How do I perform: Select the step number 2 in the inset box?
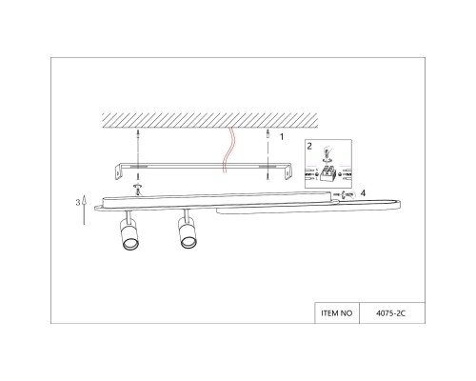309,147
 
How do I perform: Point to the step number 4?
364,193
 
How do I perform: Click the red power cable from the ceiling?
226,152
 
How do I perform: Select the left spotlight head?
127,238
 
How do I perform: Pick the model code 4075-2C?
392,311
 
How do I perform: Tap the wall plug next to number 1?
268,139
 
